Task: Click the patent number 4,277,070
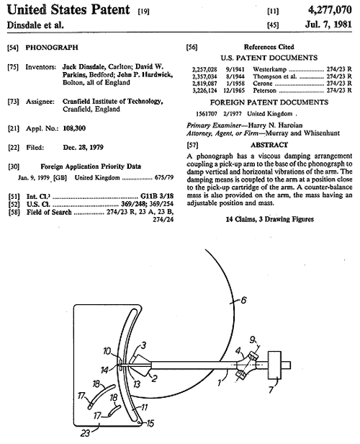coord(330,10)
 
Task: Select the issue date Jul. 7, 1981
coord(328,24)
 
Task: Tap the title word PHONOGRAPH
coord(52,48)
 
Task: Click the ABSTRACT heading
coord(269,145)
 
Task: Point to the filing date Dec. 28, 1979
coord(83,147)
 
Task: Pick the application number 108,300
coord(74,128)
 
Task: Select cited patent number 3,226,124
coord(204,91)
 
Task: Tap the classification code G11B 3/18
coord(157,196)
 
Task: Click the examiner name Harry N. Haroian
coord(275,125)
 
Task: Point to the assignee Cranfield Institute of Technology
coord(112,102)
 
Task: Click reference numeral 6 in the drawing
coord(243,300)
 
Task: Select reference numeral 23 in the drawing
coord(86,433)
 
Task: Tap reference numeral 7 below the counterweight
coord(271,390)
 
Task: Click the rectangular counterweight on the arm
coord(274,365)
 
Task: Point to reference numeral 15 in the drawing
coord(150,423)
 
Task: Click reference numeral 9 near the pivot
coord(252,339)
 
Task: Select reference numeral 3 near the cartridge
coord(143,345)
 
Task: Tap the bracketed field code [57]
coord(192,146)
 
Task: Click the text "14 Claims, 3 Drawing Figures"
coord(269,219)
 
